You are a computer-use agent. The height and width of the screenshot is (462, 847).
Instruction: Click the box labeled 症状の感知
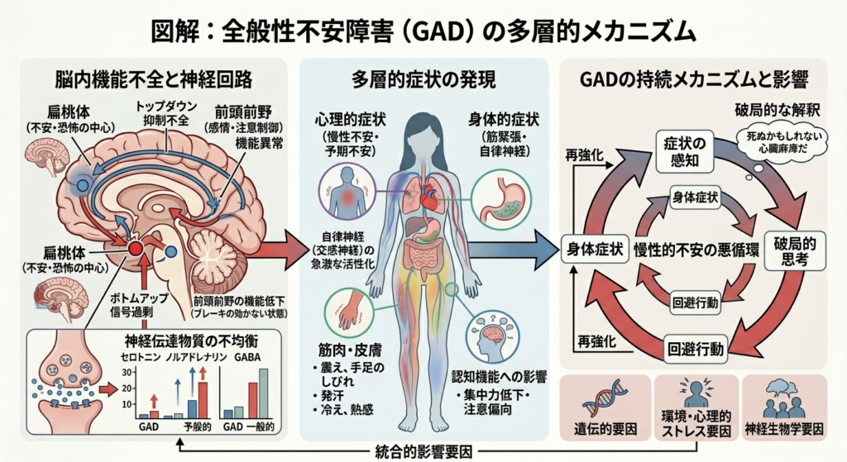point(683,152)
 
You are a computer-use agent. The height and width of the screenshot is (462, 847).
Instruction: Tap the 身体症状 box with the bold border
point(595,250)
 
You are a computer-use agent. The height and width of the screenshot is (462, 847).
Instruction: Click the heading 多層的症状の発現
point(423,80)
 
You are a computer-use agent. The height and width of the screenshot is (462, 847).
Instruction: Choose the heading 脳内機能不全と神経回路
point(153,80)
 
